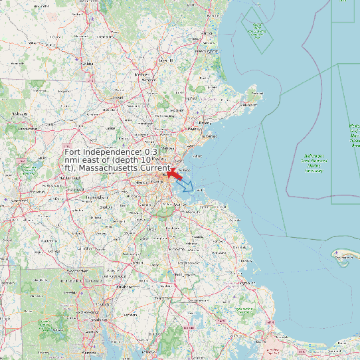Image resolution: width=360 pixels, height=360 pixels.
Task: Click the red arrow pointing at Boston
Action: point(177,175)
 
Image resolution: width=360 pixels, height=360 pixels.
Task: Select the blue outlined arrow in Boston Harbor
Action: point(187,186)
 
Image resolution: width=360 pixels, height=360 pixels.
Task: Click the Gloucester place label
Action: point(248,104)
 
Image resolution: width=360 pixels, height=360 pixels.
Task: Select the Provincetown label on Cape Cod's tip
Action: point(343,252)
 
